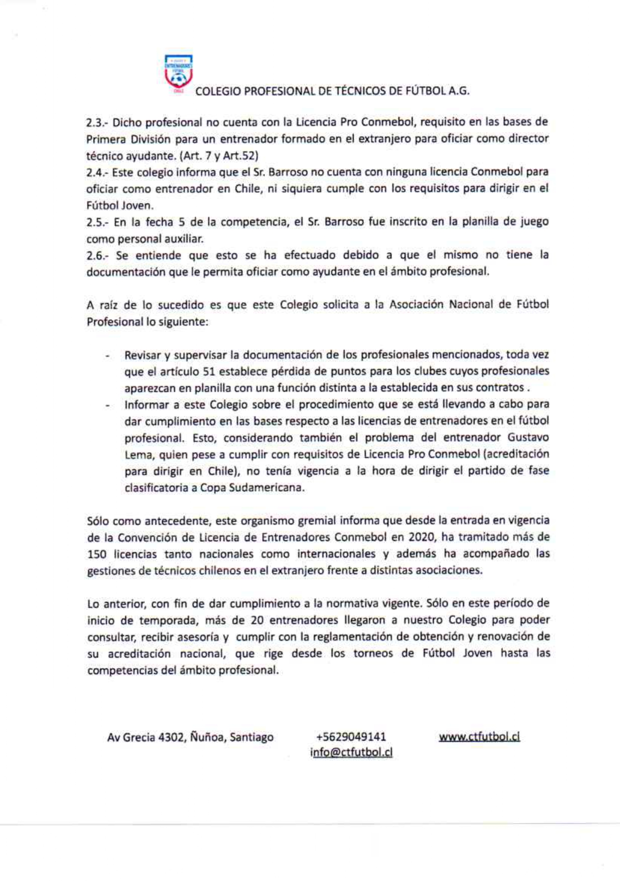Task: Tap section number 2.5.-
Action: click(98, 222)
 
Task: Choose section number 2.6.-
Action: click(98, 255)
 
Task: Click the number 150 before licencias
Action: click(97, 554)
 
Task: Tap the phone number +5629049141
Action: click(351, 737)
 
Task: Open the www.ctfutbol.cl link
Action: click(479, 737)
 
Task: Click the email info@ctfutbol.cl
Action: click(351, 753)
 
